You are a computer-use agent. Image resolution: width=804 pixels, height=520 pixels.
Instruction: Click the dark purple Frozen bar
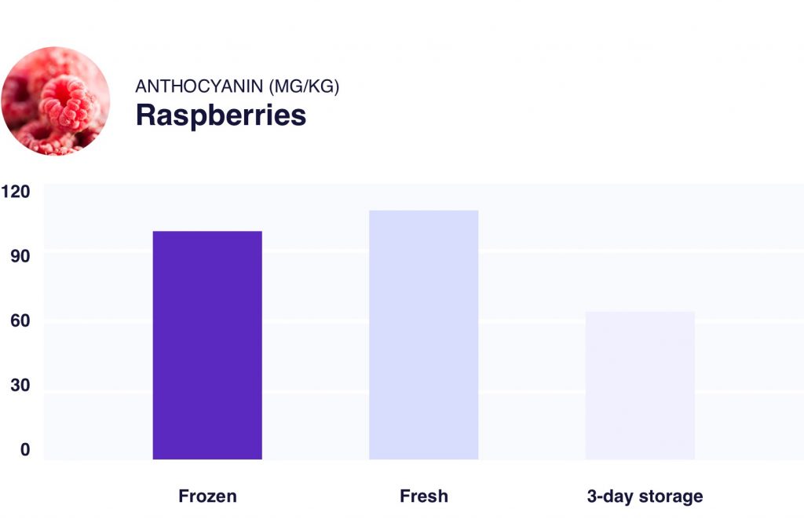point(207,345)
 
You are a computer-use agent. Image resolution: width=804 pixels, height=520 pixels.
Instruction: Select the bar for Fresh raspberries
point(423,335)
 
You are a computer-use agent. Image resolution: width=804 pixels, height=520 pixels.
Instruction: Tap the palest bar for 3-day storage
point(640,385)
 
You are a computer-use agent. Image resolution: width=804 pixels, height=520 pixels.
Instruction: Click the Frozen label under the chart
point(207,496)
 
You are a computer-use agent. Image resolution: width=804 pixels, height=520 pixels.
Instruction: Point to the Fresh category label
point(423,496)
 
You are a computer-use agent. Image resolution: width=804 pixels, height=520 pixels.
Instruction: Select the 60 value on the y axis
point(19,321)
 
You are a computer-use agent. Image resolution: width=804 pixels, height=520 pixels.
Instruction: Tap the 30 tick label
point(19,386)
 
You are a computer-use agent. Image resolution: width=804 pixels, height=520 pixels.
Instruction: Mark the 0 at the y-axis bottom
point(24,450)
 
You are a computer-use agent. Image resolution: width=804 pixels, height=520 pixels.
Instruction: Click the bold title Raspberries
point(221,115)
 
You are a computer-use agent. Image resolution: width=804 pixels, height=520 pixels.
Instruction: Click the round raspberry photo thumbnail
point(55,101)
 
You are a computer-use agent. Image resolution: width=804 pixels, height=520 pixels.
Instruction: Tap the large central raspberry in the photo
point(68,102)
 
